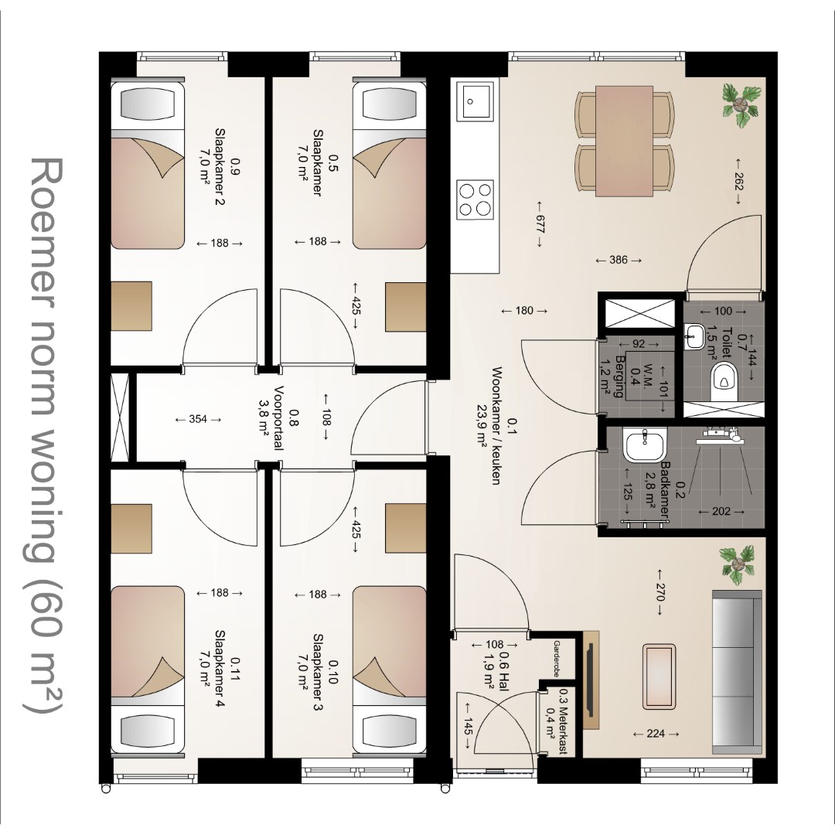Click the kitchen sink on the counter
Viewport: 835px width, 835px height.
[477, 101]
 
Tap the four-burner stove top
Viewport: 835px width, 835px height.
[475, 199]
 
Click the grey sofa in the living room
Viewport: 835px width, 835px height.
[737, 671]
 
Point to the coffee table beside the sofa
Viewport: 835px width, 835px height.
[659, 677]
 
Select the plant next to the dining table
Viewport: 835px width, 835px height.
[740, 105]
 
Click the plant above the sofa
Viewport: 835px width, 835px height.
[738, 564]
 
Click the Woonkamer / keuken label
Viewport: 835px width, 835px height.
[496, 425]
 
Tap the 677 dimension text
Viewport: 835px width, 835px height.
[540, 223]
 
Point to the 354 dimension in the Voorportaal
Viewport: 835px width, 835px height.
[198, 419]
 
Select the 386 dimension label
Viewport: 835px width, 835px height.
[619, 260]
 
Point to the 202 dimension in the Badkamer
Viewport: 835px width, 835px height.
[721, 511]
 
